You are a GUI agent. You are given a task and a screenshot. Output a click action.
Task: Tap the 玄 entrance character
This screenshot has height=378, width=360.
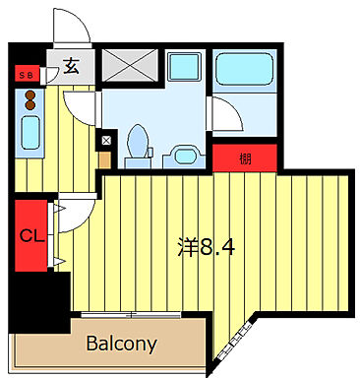tap(72, 67)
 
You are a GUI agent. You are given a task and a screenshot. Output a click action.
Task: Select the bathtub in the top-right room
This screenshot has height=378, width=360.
tap(247, 73)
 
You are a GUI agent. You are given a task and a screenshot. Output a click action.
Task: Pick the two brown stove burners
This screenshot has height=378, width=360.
tap(30, 100)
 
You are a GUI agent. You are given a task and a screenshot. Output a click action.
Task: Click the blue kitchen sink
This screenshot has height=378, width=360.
tap(29, 131)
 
